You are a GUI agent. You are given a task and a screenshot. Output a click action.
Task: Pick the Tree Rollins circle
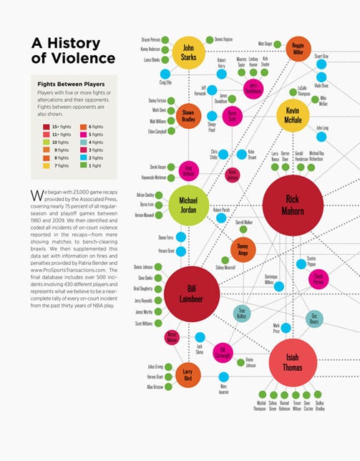point(243,313)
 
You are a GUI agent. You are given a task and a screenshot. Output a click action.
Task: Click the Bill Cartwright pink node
point(223,350)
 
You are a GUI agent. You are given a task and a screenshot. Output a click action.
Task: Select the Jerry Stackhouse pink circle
point(252,89)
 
